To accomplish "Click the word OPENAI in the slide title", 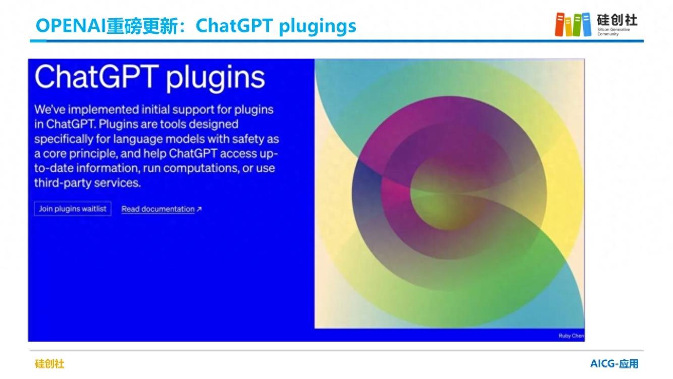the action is [x=71, y=26].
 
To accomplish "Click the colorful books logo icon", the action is [x=573, y=24].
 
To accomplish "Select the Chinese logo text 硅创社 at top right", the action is [x=617, y=20].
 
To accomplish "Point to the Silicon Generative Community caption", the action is [x=613, y=31].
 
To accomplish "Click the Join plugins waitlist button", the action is [x=73, y=209].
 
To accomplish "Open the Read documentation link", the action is [x=158, y=209].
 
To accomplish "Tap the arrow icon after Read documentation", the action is [x=199, y=209].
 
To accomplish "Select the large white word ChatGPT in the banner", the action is [x=96, y=76].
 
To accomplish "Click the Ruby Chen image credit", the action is [x=572, y=336].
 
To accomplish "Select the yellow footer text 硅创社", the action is [x=49, y=364].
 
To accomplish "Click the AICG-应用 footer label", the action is [x=614, y=364].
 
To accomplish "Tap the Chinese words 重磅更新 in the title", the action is [x=142, y=26].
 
